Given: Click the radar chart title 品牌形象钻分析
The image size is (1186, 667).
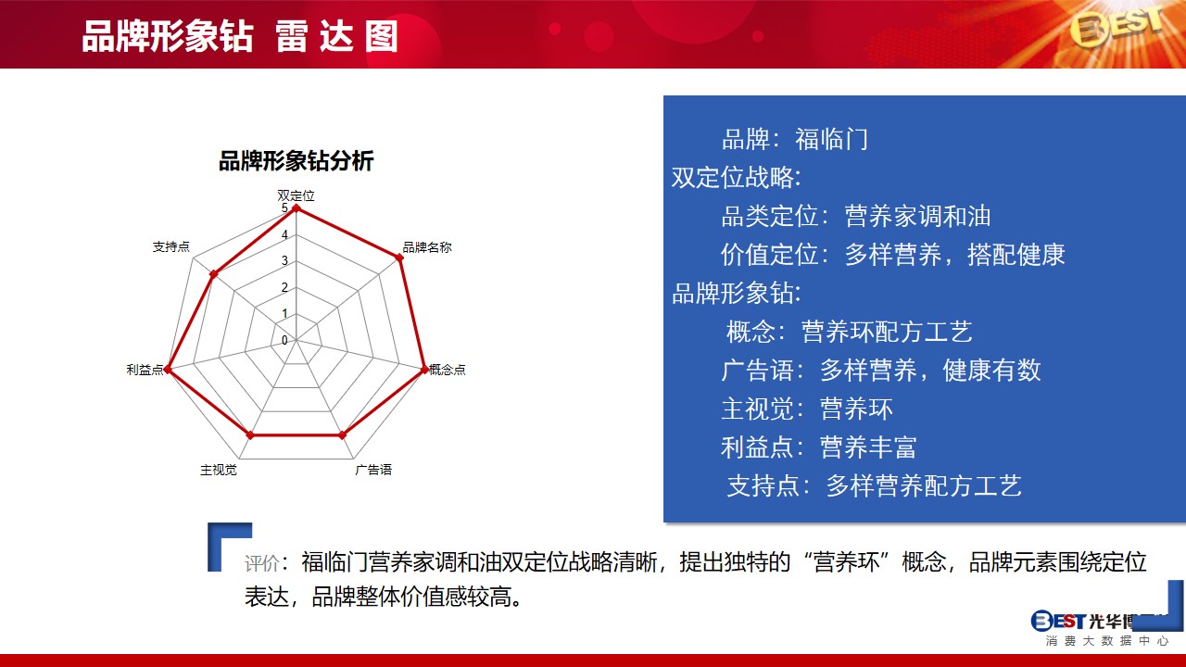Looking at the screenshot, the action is click(x=296, y=161).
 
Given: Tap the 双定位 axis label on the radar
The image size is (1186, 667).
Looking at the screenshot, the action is click(x=296, y=195).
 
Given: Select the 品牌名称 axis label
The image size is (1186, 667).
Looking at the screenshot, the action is click(x=427, y=247).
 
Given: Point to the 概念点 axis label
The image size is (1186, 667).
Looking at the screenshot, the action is click(x=448, y=370).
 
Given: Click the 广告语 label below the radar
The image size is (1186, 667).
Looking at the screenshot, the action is click(x=373, y=470).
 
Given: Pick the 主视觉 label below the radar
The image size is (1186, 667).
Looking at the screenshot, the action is click(x=219, y=470).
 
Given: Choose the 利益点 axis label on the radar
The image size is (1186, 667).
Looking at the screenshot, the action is click(x=145, y=370).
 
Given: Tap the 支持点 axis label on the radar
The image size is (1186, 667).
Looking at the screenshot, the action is click(x=171, y=246).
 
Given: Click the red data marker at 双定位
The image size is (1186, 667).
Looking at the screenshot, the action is click(x=296, y=208).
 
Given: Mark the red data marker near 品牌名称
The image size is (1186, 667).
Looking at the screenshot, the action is click(x=399, y=258).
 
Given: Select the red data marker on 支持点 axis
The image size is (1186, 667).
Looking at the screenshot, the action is click(x=213, y=274).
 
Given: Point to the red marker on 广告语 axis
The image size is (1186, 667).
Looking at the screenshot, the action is click(x=343, y=435).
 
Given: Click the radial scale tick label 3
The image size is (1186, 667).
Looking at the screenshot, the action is click(x=284, y=260).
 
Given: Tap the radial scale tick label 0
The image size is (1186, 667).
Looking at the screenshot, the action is click(x=284, y=340).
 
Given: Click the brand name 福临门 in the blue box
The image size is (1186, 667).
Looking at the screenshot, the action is click(x=831, y=139).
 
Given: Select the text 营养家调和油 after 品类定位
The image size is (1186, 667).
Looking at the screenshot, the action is click(x=917, y=216).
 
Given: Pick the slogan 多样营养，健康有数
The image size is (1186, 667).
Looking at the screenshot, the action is click(x=930, y=370).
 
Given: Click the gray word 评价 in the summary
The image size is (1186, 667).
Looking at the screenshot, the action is click(x=262, y=563).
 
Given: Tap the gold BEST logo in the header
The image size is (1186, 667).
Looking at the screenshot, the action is click(x=1117, y=27).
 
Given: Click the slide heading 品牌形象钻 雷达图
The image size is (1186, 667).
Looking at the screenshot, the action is click(x=240, y=36).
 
